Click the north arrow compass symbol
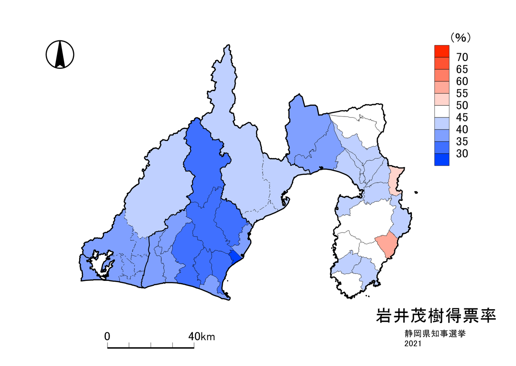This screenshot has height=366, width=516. click(x=60, y=54)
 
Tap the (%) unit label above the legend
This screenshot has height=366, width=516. click(x=461, y=38)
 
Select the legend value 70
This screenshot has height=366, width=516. click(x=462, y=57)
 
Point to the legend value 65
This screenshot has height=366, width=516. click(x=462, y=69)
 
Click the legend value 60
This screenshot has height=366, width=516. click(x=462, y=81)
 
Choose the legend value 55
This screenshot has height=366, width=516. click(x=462, y=93)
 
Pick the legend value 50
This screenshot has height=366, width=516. click(x=462, y=105)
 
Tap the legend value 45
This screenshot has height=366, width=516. click(x=462, y=117)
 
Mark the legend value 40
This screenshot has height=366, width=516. click(x=462, y=129)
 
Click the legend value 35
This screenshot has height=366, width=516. click(x=462, y=141)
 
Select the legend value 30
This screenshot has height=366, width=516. click(x=462, y=154)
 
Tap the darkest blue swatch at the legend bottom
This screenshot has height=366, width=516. click(x=442, y=160)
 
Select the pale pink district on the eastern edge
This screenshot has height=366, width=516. click(x=394, y=181)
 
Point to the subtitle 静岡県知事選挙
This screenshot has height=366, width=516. click(x=435, y=333)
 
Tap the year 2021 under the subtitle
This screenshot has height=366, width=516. click(x=413, y=344)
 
